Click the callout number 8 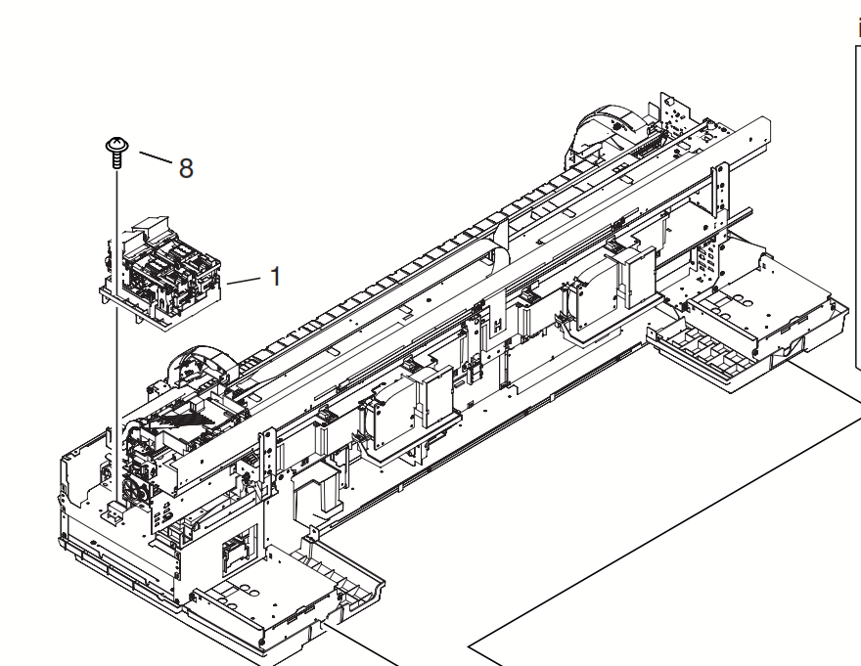pos(185,167)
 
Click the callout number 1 pos(276,277)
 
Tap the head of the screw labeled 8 pos(115,146)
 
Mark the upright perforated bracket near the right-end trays pos(722,205)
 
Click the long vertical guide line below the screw pos(116,323)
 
